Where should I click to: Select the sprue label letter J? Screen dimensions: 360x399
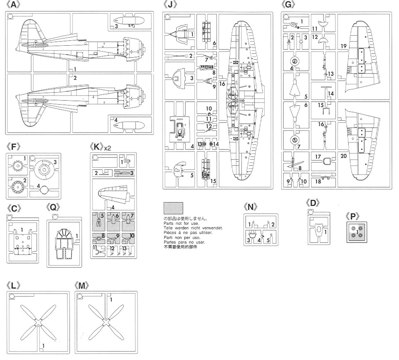click(x=169, y=6)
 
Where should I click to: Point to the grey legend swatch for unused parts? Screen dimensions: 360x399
click(x=173, y=208)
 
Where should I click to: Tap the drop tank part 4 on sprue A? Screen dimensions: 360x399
click(x=125, y=126)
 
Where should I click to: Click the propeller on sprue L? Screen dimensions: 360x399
click(x=38, y=322)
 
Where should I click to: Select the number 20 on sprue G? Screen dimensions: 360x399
click(x=343, y=155)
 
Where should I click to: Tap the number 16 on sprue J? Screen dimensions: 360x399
click(x=222, y=83)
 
